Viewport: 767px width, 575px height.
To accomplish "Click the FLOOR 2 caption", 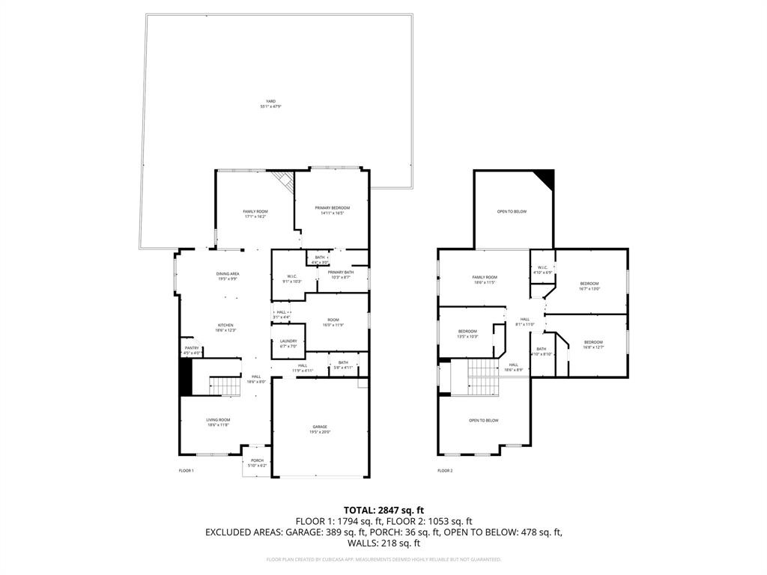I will [445, 471].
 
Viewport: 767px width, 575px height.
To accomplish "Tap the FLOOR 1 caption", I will [186, 471].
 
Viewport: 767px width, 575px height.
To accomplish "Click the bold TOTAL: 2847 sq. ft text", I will [383, 510].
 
